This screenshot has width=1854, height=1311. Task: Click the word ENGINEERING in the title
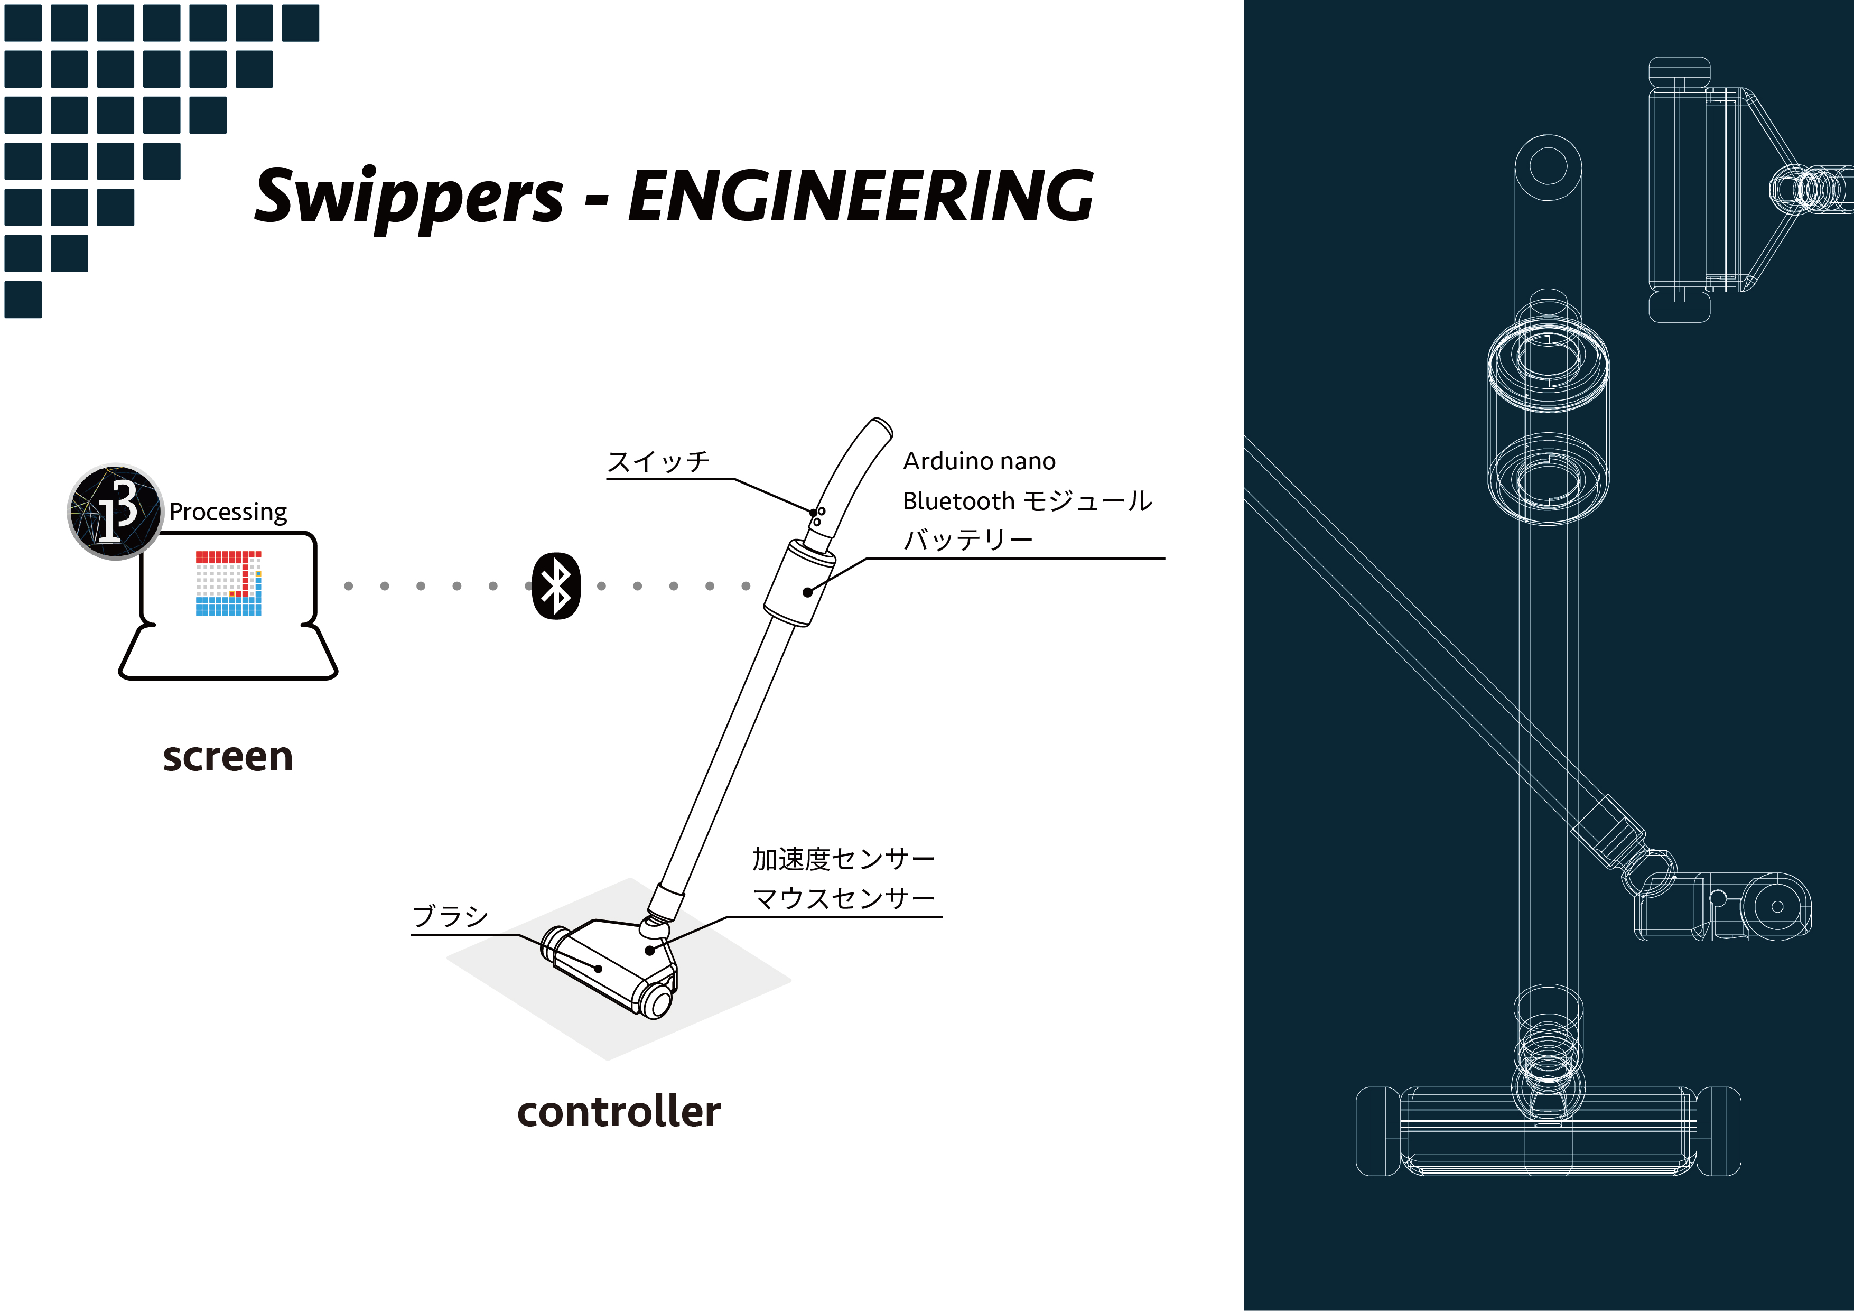(x=860, y=196)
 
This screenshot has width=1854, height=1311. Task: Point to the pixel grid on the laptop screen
(x=229, y=583)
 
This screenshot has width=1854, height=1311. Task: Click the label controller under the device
(x=619, y=1112)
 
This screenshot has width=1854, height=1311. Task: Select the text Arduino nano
(x=979, y=461)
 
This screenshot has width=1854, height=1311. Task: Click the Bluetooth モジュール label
(x=1027, y=501)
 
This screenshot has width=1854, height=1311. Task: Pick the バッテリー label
(x=967, y=540)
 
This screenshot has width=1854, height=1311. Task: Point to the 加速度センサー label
(x=843, y=859)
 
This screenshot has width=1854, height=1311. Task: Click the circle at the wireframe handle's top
(x=1548, y=167)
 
